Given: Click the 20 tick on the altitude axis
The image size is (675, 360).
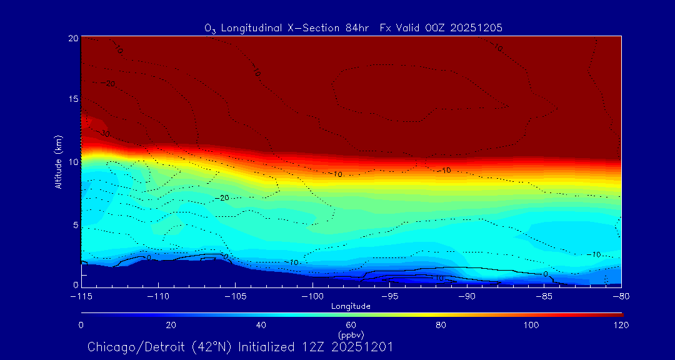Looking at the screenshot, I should coord(74,38).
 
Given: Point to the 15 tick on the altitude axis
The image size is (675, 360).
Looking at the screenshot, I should coord(74,99).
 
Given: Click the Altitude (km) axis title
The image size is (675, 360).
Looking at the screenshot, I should coord(58,161).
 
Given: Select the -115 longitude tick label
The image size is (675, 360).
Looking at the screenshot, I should coord(81,297).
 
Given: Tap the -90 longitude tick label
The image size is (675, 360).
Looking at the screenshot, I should coord(467,297).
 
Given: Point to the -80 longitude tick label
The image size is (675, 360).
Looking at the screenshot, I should coord(621,297).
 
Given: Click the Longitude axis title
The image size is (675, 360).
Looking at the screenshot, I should coord(351,306).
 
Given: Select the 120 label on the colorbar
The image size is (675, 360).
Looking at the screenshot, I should coord(621,325).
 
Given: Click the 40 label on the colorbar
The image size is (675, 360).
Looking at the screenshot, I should coord(261,325).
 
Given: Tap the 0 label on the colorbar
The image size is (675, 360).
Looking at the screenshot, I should coord(81,325).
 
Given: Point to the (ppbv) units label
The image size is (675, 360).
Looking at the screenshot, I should coord(351,334).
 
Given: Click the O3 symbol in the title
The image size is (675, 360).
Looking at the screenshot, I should coord(210,28).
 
